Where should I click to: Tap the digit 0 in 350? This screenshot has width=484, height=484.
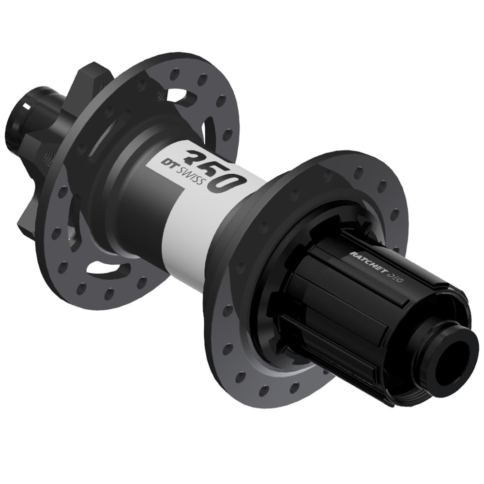pos(231,181)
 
